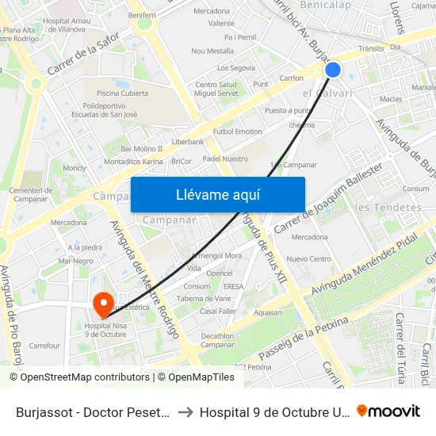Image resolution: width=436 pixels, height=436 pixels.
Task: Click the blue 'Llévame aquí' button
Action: (217, 194)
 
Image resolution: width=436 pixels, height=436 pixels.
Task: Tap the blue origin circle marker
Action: (333, 70)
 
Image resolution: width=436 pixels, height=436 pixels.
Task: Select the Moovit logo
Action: (388, 411)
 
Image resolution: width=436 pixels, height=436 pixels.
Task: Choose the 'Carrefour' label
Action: (44, 346)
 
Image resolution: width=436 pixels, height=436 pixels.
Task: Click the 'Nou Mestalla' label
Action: (212, 51)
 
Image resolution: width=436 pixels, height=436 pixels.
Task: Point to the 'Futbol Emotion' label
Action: (238, 132)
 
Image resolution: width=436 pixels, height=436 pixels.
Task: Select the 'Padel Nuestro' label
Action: (225, 159)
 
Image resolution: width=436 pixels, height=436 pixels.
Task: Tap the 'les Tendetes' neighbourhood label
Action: (388, 208)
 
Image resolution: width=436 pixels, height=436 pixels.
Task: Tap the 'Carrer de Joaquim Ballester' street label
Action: (328, 198)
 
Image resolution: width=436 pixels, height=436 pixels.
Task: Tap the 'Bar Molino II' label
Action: (141, 148)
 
